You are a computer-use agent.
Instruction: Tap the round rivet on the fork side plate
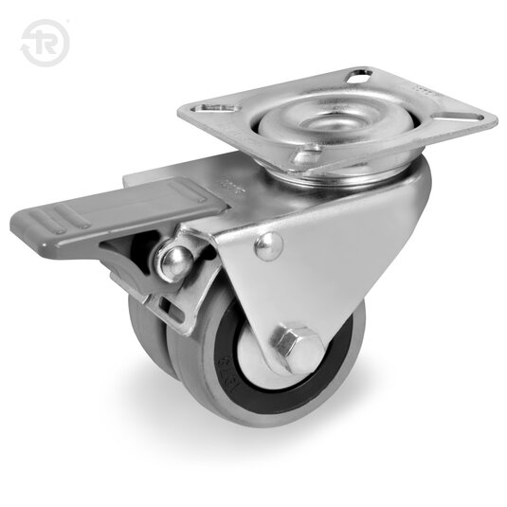click(268, 246)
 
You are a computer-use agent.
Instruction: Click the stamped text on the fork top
click(227, 180)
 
